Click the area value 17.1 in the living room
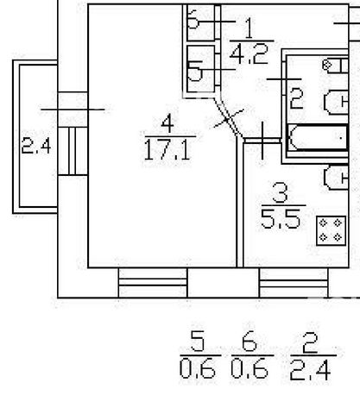pos(167,149)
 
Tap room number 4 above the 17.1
pos(167,123)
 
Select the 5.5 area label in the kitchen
pos(281,219)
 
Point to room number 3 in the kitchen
pos(280,193)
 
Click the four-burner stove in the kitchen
pos(331,231)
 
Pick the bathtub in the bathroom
pos(318,137)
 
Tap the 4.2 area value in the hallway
pos(249,53)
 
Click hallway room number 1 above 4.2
pos(249,28)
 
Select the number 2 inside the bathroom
pos(297,98)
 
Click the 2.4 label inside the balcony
pos(36,146)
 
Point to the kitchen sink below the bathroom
pos(336,178)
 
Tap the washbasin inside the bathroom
pos(336,102)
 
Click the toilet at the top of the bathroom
pos(336,66)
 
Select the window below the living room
pos(153,282)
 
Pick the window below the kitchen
pos(294,282)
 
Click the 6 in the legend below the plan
pos(249,341)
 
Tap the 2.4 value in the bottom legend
pos(310,371)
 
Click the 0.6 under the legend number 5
pos(198,369)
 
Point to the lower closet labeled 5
pos(200,69)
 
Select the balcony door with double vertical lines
pos(73,151)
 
